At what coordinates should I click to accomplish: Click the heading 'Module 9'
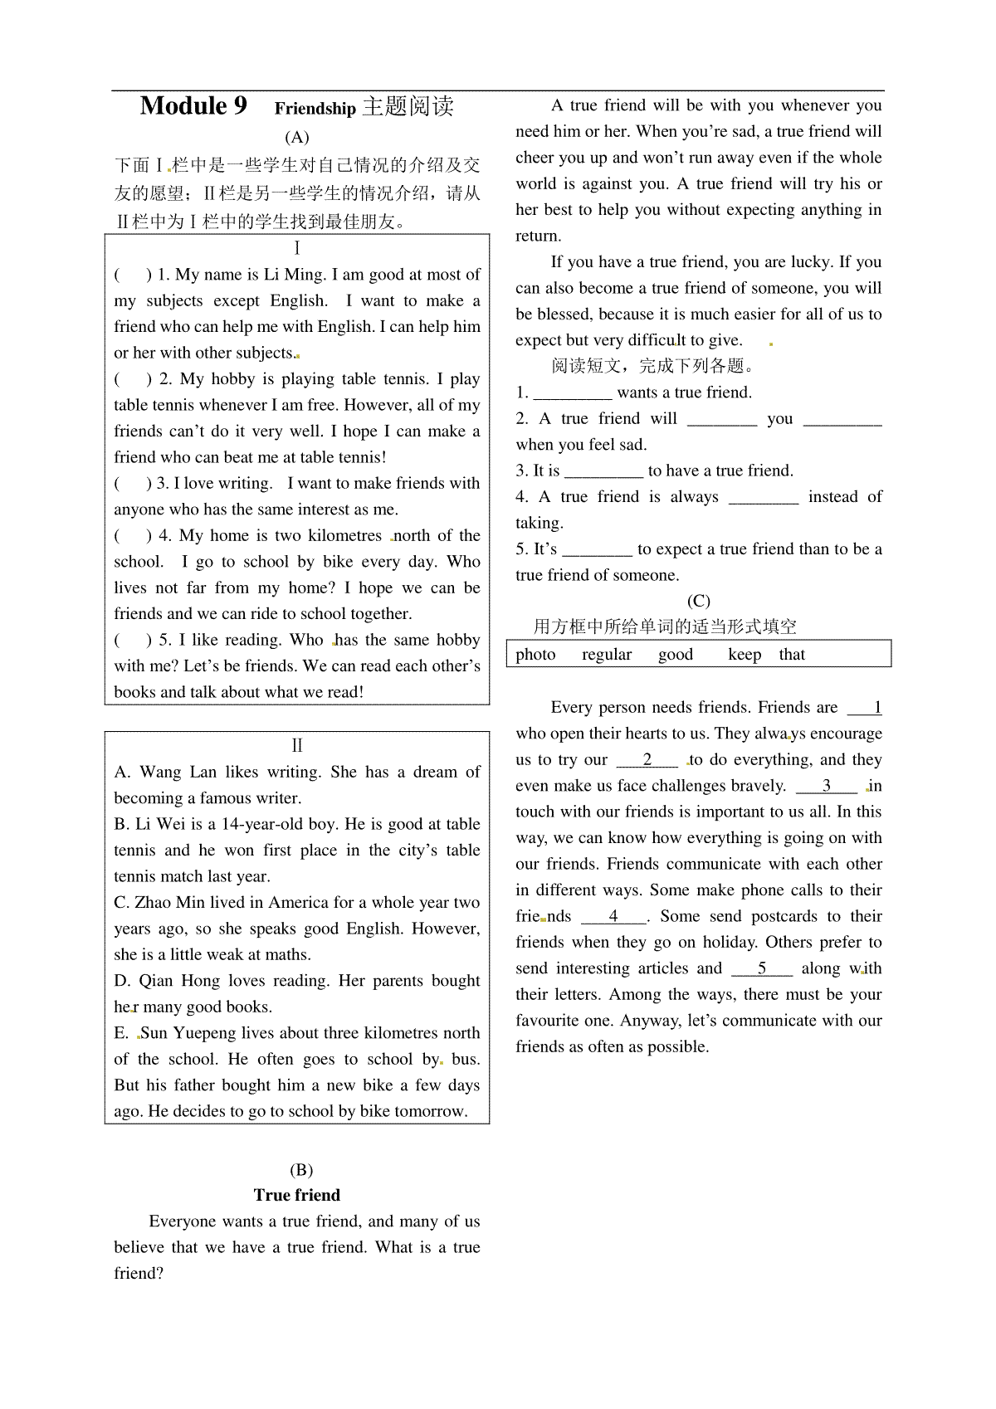pyautogui.click(x=193, y=106)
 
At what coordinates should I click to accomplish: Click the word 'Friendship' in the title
pyautogui.click(x=315, y=109)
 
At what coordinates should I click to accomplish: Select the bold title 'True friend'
pyautogui.click(x=297, y=1195)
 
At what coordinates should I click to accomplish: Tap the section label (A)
pyautogui.click(x=296, y=137)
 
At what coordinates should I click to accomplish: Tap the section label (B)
pyautogui.click(x=300, y=1170)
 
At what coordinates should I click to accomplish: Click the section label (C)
pyautogui.click(x=698, y=601)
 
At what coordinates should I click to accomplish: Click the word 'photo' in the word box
pyautogui.click(x=535, y=655)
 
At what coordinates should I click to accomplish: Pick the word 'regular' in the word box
pyautogui.click(x=607, y=655)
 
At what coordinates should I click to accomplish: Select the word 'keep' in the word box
pyautogui.click(x=745, y=655)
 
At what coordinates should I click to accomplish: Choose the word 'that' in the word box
pyautogui.click(x=792, y=655)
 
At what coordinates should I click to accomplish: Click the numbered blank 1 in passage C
pyautogui.click(x=865, y=708)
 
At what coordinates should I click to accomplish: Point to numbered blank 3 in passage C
pyautogui.click(x=826, y=786)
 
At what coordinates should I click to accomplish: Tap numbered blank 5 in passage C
pyautogui.click(x=762, y=968)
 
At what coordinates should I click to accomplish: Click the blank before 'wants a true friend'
pyautogui.click(x=572, y=393)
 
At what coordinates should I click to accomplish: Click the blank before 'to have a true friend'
pyautogui.click(x=603, y=471)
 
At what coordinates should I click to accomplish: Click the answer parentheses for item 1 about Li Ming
pyautogui.click(x=133, y=275)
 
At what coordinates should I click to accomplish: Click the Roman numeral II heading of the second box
pyautogui.click(x=297, y=746)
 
